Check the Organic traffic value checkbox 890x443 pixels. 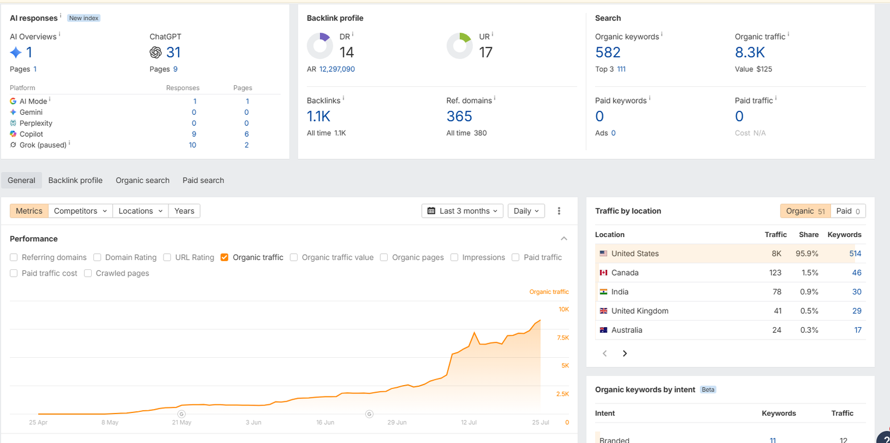tap(294, 257)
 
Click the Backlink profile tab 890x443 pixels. tap(75, 180)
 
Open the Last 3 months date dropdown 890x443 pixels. tap(462, 211)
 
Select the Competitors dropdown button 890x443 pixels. tap(80, 211)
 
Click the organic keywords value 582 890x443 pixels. tap(607, 52)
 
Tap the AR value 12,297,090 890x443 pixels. tap(337, 69)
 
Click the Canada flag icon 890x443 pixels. tap(604, 273)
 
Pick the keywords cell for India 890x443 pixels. tap(857, 292)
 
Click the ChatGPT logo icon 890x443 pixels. tap(156, 52)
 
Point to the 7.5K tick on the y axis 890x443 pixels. tap(563, 338)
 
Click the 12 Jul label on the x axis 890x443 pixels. tap(469, 422)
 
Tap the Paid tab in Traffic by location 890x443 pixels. tap(848, 211)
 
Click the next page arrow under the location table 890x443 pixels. tap(625, 353)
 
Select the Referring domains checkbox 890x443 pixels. tap(14, 257)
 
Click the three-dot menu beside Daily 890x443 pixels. tap(559, 211)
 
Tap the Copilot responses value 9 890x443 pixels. tap(194, 134)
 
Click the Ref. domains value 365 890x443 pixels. tap(459, 116)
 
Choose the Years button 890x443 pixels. tap(184, 211)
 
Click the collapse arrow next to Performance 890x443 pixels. tap(564, 239)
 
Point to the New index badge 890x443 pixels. tap(84, 18)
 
